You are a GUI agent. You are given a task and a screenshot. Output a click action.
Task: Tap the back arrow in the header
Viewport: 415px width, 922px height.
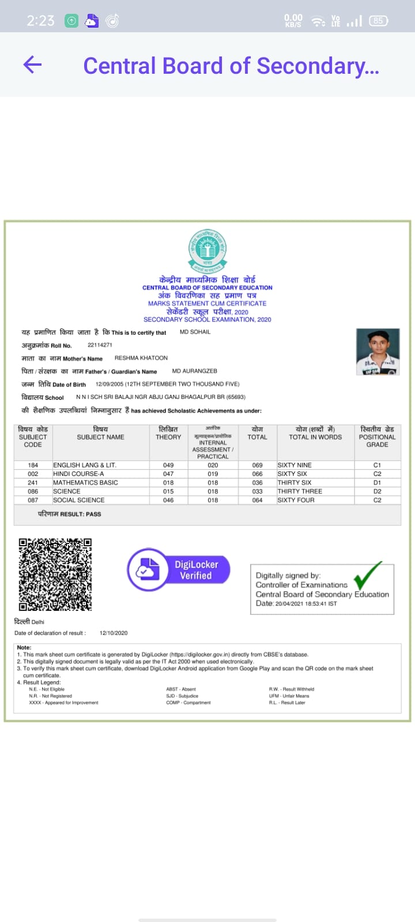click(32, 65)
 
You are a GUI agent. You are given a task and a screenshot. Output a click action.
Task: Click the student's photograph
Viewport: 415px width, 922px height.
click(378, 352)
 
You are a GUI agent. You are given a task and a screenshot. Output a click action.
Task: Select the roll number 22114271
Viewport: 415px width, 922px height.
click(100, 345)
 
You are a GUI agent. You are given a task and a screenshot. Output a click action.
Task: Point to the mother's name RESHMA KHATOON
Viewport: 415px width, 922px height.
click(141, 358)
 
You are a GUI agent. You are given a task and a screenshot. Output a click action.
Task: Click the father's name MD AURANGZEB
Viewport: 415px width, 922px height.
click(195, 371)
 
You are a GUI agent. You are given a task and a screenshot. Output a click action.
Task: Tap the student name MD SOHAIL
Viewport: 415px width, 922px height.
click(195, 332)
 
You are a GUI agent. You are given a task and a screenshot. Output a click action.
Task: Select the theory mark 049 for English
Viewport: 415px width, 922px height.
click(168, 465)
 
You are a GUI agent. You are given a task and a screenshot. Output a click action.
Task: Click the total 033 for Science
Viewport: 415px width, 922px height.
click(257, 492)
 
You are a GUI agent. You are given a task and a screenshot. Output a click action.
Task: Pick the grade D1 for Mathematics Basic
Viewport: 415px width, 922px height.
click(377, 483)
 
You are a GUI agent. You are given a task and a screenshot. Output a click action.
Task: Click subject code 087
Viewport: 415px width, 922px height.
click(33, 500)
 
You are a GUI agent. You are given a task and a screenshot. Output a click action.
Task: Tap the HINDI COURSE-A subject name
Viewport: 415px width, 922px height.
click(78, 474)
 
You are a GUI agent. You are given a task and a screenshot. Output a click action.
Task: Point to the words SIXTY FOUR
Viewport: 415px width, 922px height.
click(296, 500)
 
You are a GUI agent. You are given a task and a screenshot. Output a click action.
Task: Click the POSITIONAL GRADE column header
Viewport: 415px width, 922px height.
click(377, 437)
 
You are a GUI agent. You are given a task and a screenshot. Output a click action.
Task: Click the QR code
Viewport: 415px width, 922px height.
click(55, 574)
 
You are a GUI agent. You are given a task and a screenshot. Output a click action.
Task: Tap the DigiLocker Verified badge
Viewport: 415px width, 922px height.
click(179, 570)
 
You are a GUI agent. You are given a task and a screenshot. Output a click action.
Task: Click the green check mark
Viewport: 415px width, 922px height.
click(367, 576)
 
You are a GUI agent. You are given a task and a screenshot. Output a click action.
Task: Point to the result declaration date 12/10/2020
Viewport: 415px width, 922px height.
click(114, 633)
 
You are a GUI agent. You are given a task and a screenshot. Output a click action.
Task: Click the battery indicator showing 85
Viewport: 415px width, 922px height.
click(378, 21)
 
